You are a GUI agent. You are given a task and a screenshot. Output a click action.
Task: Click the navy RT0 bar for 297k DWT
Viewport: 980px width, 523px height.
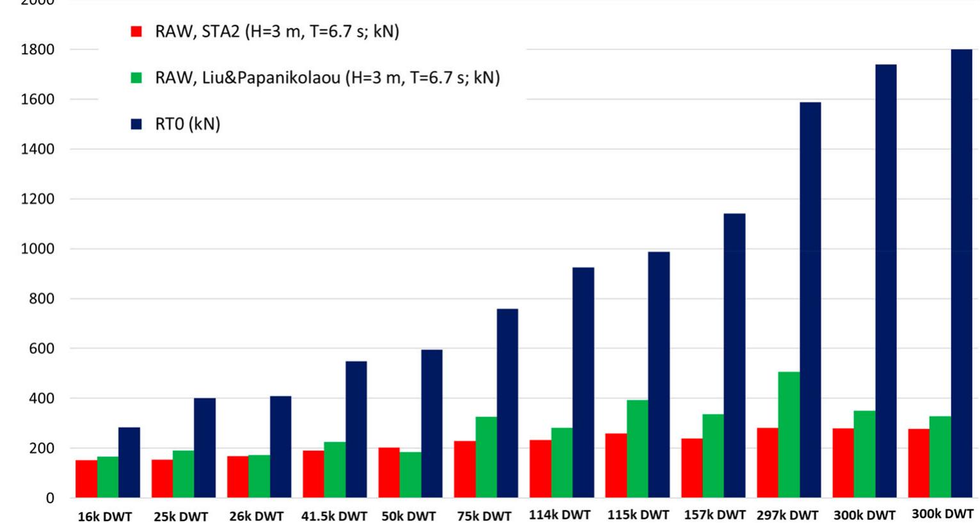(810, 300)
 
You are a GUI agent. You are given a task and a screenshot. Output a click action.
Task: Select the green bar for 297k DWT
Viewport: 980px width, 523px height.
(789, 435)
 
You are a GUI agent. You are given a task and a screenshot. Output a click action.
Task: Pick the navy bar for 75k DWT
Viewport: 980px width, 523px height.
(507, 403)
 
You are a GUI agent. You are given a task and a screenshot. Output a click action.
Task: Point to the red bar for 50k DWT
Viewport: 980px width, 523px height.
(389, 472)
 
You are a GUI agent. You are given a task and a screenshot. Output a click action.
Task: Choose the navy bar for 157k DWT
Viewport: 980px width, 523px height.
(734, 355)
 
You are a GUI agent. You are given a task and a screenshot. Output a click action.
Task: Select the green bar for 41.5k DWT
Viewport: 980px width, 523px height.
(335, 470)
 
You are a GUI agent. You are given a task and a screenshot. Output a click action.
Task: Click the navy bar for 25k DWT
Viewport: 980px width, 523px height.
(205, 448)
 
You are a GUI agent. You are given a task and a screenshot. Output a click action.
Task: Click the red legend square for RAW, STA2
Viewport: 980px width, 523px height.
(136, 31)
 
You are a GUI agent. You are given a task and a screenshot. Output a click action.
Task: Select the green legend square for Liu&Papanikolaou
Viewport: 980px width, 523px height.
(136, 78)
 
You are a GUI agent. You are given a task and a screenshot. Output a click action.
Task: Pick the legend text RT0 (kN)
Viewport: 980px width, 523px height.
(187, 124)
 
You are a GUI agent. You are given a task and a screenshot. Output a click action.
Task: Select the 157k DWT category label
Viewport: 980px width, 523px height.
(715, 515)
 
